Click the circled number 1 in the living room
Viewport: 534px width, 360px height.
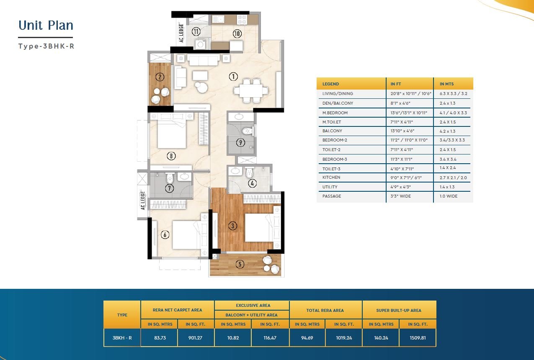point(233,77)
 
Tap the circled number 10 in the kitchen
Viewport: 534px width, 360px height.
point(237,33)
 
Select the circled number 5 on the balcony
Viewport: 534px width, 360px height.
point(240,264)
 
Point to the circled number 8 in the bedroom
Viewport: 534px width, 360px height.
point(171,156)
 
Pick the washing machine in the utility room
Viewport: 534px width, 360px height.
point(201,44)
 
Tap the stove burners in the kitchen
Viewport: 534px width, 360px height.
point(242,19)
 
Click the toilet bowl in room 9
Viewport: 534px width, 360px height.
point(247,131)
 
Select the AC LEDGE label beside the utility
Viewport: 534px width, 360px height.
point(181,33)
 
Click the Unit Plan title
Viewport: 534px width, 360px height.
point(46,25)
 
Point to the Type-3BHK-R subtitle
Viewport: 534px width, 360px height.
point(46,46)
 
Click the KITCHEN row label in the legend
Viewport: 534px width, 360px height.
point(331,177)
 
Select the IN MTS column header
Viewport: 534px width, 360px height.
point(446,84)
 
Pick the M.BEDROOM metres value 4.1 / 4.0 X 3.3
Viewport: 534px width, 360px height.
point(453,113)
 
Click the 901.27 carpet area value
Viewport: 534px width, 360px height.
point(195,338)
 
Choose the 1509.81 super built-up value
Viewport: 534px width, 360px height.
point(418,338)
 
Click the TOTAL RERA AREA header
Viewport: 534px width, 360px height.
point(325,310)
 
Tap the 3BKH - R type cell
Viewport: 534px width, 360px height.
point(122,338)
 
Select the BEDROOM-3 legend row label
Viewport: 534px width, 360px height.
point(335,159)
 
